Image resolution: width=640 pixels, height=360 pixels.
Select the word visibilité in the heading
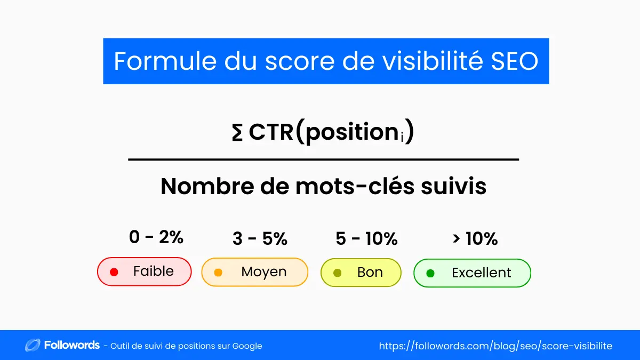pyautogui.click(x=421, y=61)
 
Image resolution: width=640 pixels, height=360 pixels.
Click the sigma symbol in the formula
pyautogui.click(x=237, y=133)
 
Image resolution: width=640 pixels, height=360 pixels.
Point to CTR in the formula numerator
pyautogui.click(x=271, y=133)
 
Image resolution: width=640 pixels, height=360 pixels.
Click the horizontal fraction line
pyautogui.click(x=323, y=159)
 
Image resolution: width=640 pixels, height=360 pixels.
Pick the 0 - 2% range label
pyautogui.click(x=156, y=237)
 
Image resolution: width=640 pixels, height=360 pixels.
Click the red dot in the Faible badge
pyautogui.click(x=114, y=272)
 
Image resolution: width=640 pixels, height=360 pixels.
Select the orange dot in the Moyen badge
pyautogui.click(x=218, y=273)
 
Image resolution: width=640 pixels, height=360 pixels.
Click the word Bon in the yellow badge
pyautogui.click(x=370, y=273)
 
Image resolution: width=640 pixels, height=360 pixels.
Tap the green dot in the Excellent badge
pyautogui.click(x=430, y=273)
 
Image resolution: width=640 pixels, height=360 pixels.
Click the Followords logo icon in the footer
pyautogui.click(x=33, y=346)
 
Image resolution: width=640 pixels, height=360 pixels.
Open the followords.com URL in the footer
pyautogui.click(x=495, y=346)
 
